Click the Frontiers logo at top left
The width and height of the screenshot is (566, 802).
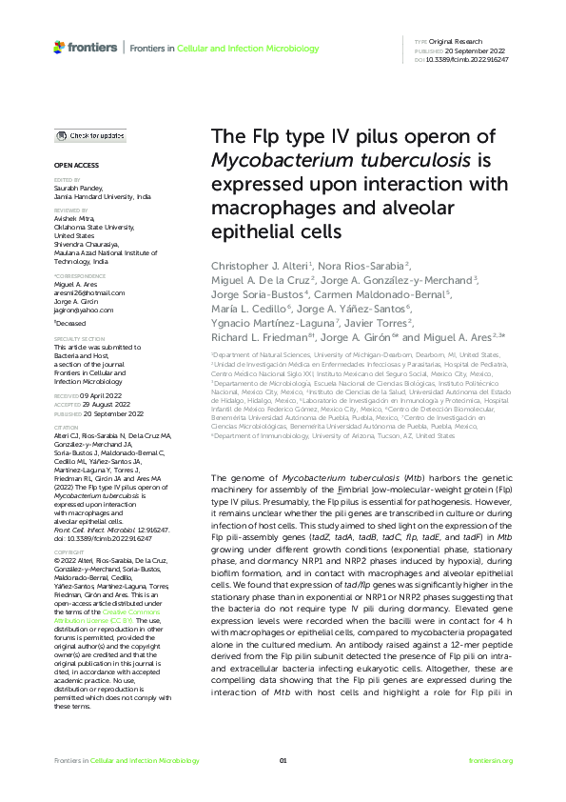(87, 46)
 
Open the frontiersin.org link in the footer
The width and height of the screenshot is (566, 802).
(492, 787)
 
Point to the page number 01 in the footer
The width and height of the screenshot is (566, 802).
(283, 787)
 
